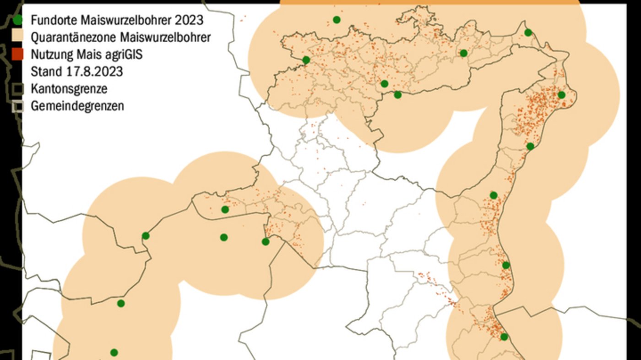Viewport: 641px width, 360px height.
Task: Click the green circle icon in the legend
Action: [x=17, y=21]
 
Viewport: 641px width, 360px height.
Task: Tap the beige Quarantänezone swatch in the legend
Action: [x=17, y=37]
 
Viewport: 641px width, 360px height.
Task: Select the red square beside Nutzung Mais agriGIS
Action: [x=17, y=55]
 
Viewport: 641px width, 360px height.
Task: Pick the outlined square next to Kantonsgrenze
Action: [x=17, y=88]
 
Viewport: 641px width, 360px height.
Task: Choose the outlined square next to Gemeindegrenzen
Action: [x=17, y=106]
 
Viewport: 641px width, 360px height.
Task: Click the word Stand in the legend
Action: [x=42, y=72]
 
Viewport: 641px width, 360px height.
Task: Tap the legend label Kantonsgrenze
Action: [x=69, y=88]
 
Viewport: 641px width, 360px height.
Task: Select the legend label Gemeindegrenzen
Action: [x=77, y=106]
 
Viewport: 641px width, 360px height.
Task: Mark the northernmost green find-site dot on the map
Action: [x=337, y=20]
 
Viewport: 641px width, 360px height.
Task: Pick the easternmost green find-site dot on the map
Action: [x=561, y=95]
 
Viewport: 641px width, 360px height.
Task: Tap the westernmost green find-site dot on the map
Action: [x=114, y=352]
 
